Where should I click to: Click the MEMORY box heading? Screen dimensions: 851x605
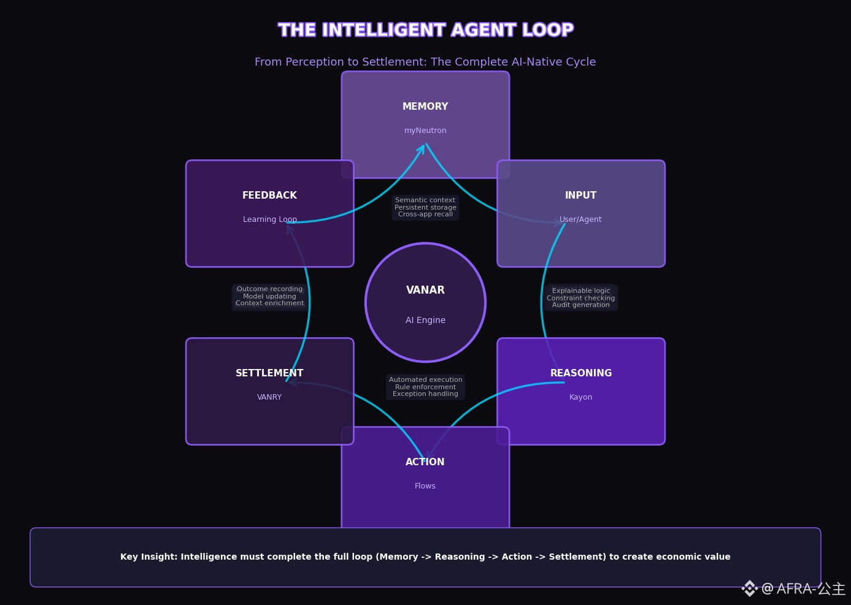[x=425, y=107]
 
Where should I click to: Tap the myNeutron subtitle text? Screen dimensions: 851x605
[x=425, y=131]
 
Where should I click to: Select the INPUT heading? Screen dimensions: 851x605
[x=580, y=196]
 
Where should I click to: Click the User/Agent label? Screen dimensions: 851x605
[x=580, y=219]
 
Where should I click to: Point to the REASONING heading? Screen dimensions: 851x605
[x=580, y=373]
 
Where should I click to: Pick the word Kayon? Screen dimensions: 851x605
[x=580, y=397]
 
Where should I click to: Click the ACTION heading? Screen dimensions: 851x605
[x=425, y=462]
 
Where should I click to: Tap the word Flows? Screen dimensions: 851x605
[x=425, y=486]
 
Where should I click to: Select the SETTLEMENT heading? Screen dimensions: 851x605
[x=269, y=373]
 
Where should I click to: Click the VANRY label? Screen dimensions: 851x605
[x=269, y=397]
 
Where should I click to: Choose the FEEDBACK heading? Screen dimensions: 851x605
[x=269, y=196]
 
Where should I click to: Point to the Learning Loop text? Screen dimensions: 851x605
[x=269, y=219]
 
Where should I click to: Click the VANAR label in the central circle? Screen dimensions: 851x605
[x=425, y=290]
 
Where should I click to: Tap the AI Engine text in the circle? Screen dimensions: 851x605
[x=425, y=320]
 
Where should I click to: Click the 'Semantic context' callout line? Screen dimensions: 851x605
[x=425, y=200]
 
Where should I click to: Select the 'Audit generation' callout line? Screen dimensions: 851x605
[x=580, y=305]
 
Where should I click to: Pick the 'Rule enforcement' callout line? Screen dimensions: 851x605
[x=425, y=387]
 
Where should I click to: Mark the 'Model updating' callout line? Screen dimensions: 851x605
[x=269, y=296]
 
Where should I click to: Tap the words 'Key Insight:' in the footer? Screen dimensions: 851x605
[x=148, y=557]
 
